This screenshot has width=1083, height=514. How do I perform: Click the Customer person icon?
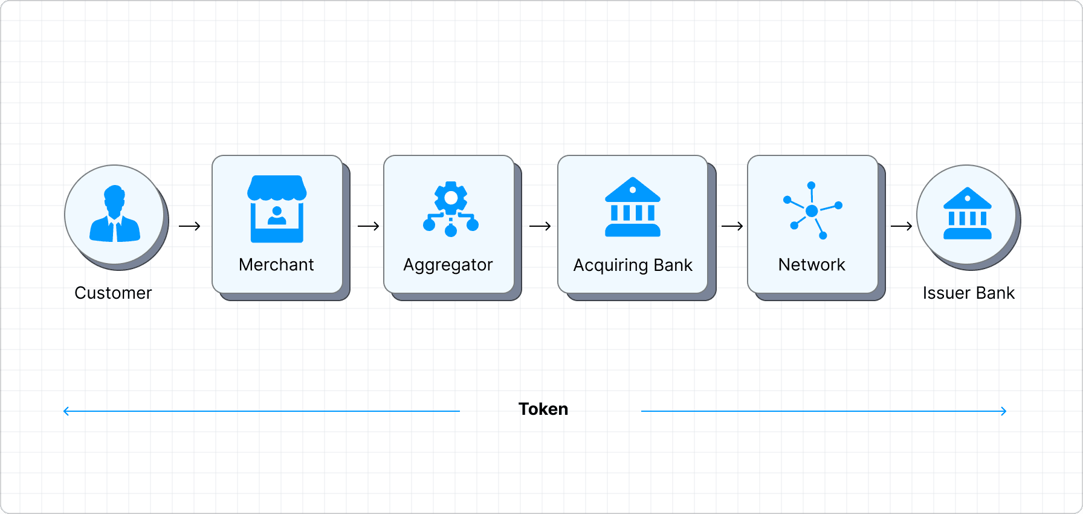coord(115,214)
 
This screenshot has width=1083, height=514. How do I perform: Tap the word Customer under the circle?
coord(113,293)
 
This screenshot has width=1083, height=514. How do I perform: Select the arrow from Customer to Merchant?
coord(189,226)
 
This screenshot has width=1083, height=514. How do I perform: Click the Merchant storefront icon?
coord(277,209)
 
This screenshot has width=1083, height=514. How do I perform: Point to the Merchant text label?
coord(276,264)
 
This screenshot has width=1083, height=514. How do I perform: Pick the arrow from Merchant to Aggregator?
coord(368,226)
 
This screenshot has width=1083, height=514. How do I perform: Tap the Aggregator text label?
coord(448,265)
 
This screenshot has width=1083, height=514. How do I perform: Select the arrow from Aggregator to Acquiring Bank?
coord(540,226)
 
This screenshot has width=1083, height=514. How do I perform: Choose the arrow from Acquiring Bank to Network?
coord(732,226)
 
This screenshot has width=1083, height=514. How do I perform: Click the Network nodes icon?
coord(812,210)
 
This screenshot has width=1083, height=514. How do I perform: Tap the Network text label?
coord(812,264)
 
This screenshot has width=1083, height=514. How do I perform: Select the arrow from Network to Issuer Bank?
coord(901,226)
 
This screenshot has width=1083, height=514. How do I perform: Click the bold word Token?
coord(543,409)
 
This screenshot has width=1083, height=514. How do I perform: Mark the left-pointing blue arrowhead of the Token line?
coord(66,411)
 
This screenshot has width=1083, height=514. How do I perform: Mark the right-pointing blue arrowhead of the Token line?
coord(1004,411)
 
